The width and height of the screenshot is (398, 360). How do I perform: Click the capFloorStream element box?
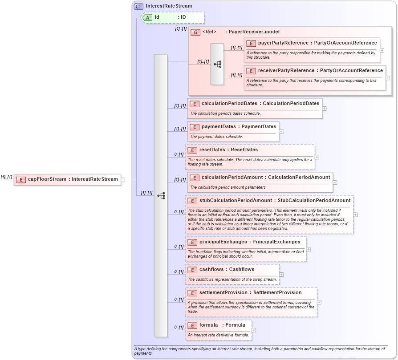tap(67, 179)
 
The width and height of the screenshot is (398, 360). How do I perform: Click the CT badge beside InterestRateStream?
tap(139, 6)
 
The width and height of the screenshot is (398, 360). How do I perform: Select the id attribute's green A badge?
tap(147, 17)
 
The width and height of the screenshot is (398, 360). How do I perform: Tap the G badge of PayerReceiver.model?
tap(195, 32)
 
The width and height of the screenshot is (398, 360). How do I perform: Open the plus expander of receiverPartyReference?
tap(388, 78)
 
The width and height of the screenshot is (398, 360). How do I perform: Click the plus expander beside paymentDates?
tap(281, 132)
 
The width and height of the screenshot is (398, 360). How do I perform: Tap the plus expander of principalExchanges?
tap(308, 249)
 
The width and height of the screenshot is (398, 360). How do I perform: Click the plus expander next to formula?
tap(254, 330)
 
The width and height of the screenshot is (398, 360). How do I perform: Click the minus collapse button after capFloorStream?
tap(123, 180)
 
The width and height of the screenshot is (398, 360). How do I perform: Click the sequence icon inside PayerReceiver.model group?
tap(217, 64)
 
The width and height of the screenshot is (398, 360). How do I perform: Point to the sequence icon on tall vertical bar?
tap(161, 195)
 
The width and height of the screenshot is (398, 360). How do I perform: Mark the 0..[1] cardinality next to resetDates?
tap(179, 154)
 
